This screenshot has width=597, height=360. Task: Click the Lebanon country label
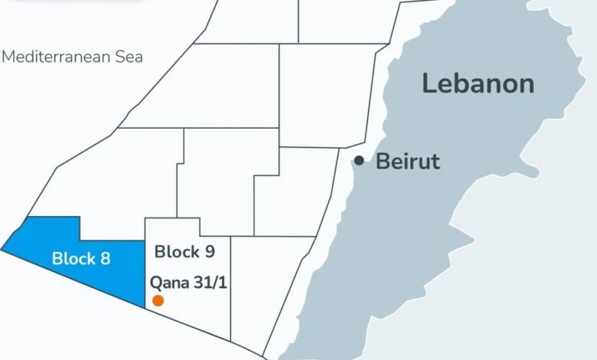pos(478,83)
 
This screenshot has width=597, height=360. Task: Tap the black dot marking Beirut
pos(359,161)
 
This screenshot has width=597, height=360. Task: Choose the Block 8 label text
pos(81,258)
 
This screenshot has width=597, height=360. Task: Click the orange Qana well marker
pos(158,300)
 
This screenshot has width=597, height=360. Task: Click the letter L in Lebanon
pos(429,83)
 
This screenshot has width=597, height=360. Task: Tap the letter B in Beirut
pos(382,162)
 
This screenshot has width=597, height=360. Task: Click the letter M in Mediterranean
pos(8,57)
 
